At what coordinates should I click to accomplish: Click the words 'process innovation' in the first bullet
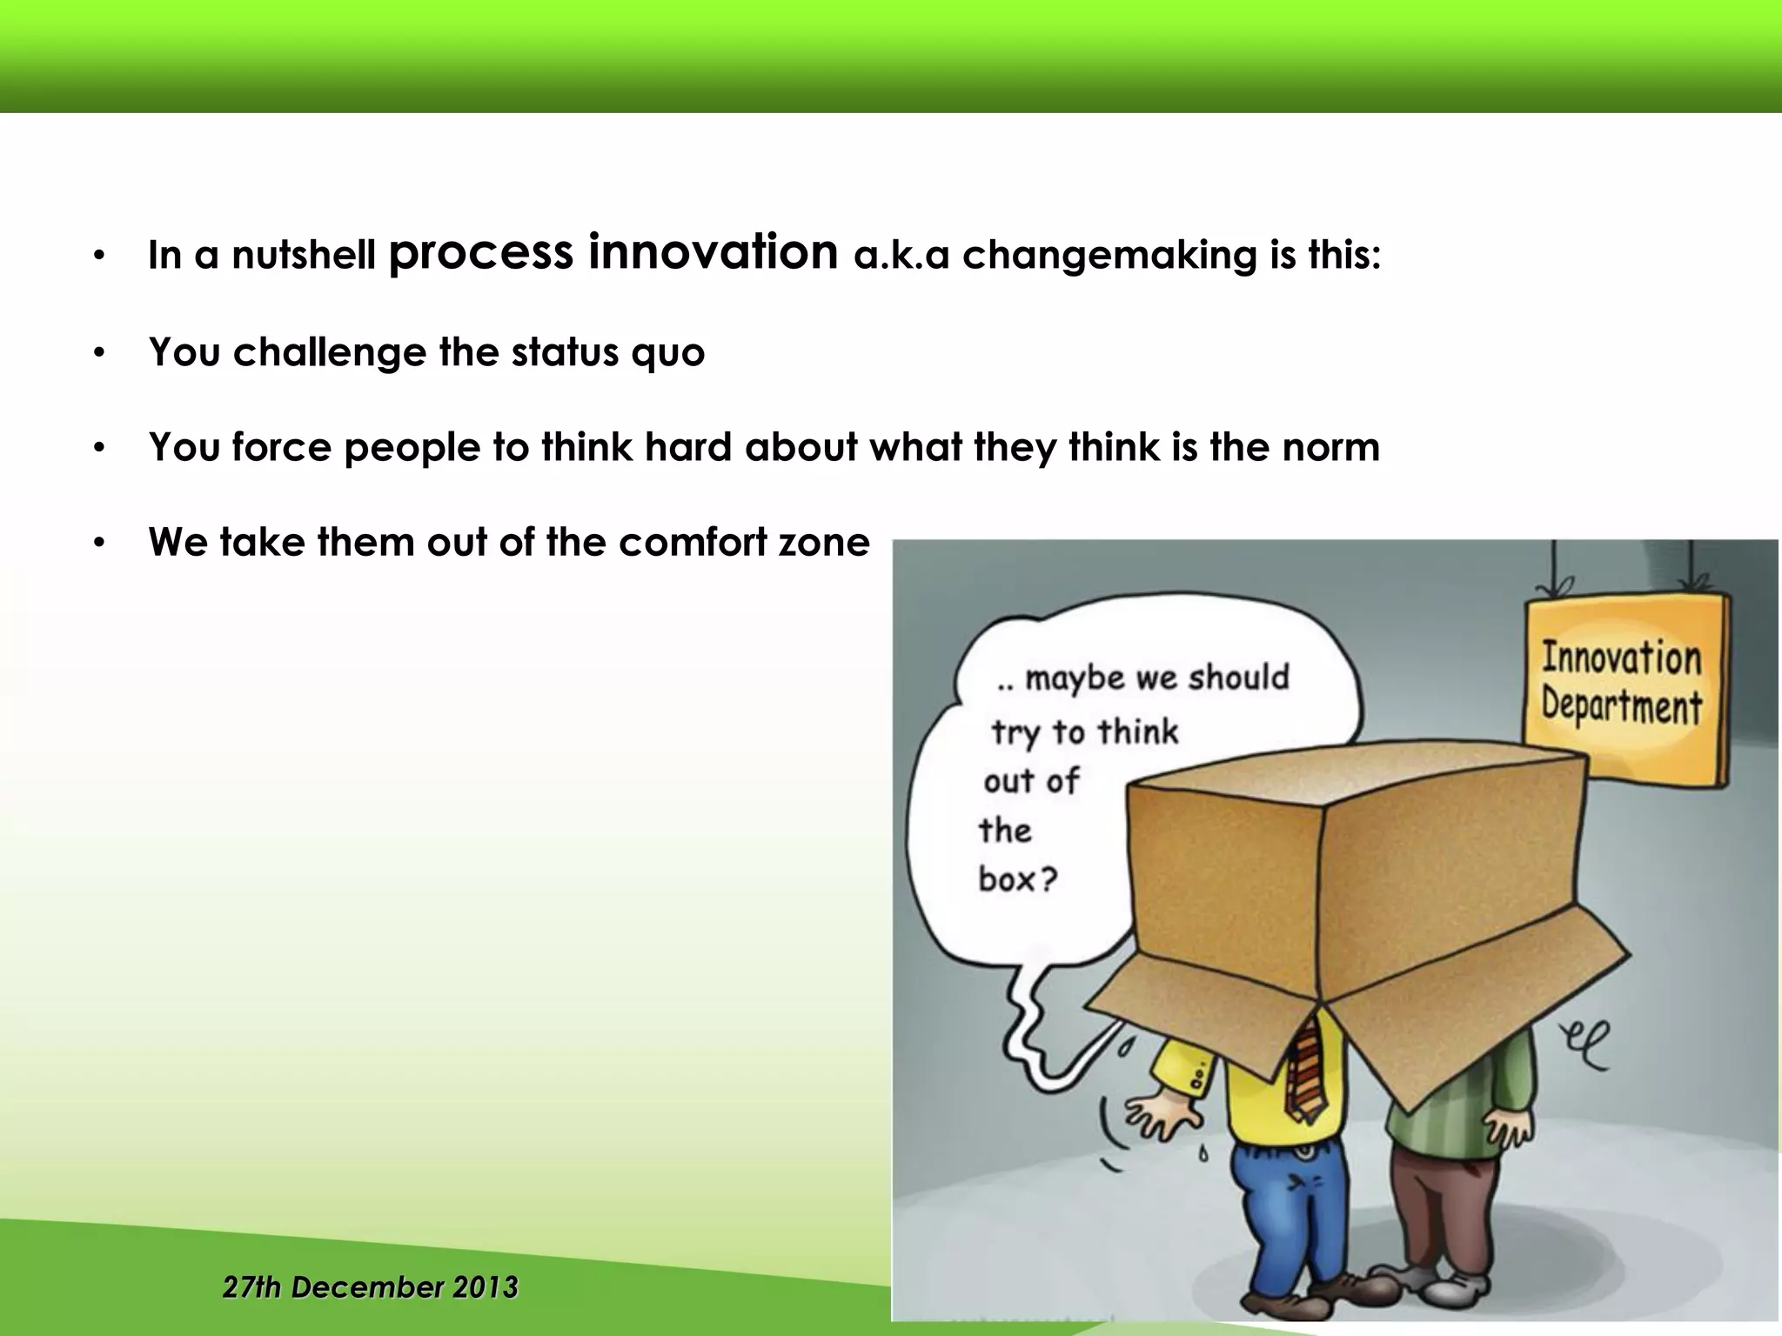[613, 253]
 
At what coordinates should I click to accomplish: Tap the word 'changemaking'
[1109, 256]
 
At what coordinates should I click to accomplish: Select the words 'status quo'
[607, 353]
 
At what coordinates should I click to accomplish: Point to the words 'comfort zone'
[744, 542]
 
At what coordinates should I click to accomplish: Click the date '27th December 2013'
[371, 1286]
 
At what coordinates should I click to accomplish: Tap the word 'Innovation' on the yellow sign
[1621, 658]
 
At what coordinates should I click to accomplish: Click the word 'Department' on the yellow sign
[1621, 705]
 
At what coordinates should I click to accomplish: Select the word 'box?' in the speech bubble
[1017, 878]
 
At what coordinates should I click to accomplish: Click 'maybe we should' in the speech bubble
[1156, 678]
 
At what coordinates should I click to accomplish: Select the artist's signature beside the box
[1585, 1043]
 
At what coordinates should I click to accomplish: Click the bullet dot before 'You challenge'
[100, 353]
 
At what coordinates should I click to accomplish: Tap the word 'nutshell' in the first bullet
[304, 256]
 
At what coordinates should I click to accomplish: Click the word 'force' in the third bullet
[282, 447]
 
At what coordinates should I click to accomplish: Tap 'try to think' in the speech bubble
[1084, 731]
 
